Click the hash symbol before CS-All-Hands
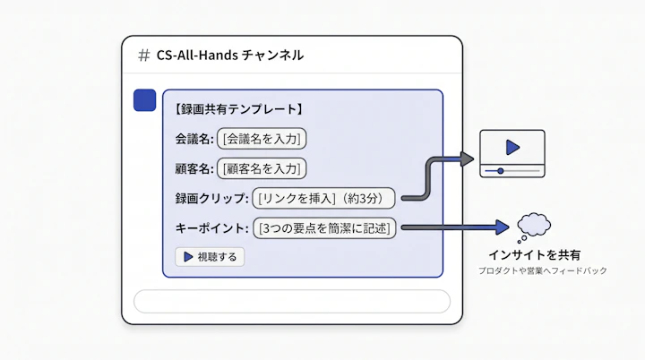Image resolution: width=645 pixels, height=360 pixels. pos(143,56)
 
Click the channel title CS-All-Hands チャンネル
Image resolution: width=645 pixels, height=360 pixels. pos(230,56)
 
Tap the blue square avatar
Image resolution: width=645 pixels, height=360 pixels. pos(145,100)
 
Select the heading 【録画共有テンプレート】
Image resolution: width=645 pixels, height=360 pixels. pos(238,109)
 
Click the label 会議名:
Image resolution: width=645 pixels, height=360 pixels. pos(194,139)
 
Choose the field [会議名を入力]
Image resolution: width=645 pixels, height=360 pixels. pos(262,139)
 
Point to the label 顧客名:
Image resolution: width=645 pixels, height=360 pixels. pos(194,168)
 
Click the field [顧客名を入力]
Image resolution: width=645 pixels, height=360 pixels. pos(262,168)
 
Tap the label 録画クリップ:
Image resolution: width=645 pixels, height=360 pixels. pos(211,198)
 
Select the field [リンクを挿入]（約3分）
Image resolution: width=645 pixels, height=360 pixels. pos(323,198)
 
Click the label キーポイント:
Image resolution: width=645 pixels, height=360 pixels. pos(211,228)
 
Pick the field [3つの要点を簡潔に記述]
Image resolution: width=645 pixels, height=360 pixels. pos(324,228)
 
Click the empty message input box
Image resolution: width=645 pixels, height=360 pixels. pos(292,302)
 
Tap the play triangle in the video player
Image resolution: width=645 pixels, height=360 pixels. pos(512,147)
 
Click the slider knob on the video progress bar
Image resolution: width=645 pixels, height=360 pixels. pos(500,171)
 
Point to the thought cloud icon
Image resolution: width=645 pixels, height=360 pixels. pos(534,227)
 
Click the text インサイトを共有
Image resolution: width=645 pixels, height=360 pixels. pos(534,255)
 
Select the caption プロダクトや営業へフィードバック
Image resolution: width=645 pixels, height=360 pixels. pos(543,270)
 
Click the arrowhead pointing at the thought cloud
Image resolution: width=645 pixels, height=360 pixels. pos(503,227)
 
